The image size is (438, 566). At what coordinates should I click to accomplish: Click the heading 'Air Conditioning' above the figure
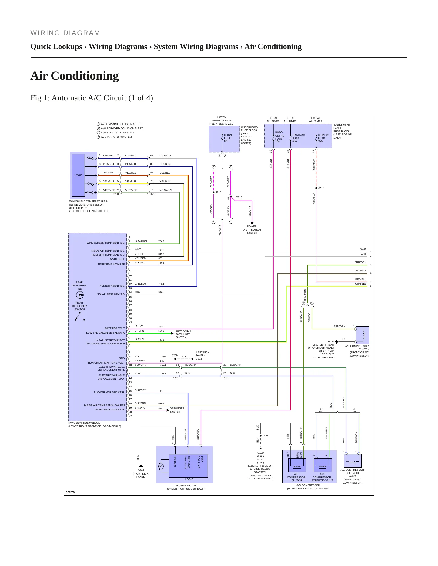point(75,76)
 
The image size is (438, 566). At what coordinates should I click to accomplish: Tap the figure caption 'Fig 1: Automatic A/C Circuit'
point(92,98)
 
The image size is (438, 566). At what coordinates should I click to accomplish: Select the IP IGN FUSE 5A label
point(228,138)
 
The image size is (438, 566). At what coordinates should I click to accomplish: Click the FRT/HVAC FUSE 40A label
point(298,138)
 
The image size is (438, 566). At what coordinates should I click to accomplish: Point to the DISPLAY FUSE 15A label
point(323,138)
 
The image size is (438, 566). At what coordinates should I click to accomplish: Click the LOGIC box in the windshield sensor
point(78,175)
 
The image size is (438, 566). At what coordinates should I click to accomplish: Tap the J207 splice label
point(321,188)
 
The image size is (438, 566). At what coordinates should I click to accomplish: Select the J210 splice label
point(218,192)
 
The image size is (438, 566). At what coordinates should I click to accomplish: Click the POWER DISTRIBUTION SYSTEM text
point(252,230)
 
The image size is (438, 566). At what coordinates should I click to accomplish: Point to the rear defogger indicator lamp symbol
point(80,295)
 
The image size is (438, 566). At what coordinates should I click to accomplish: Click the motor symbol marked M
point(161,466)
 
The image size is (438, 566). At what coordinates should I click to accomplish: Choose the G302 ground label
point(141,470)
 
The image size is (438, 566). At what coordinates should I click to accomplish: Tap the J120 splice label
point(265,436)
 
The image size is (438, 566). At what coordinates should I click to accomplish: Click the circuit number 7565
point(161,241)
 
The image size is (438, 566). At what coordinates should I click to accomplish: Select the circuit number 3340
point(161,327)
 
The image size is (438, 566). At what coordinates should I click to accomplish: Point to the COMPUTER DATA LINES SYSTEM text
point(183,334)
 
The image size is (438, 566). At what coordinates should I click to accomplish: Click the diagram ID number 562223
point(70,492)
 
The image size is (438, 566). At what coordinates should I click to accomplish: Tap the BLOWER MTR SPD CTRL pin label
point(109,392)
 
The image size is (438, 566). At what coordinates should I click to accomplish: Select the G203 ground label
point(199,359)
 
